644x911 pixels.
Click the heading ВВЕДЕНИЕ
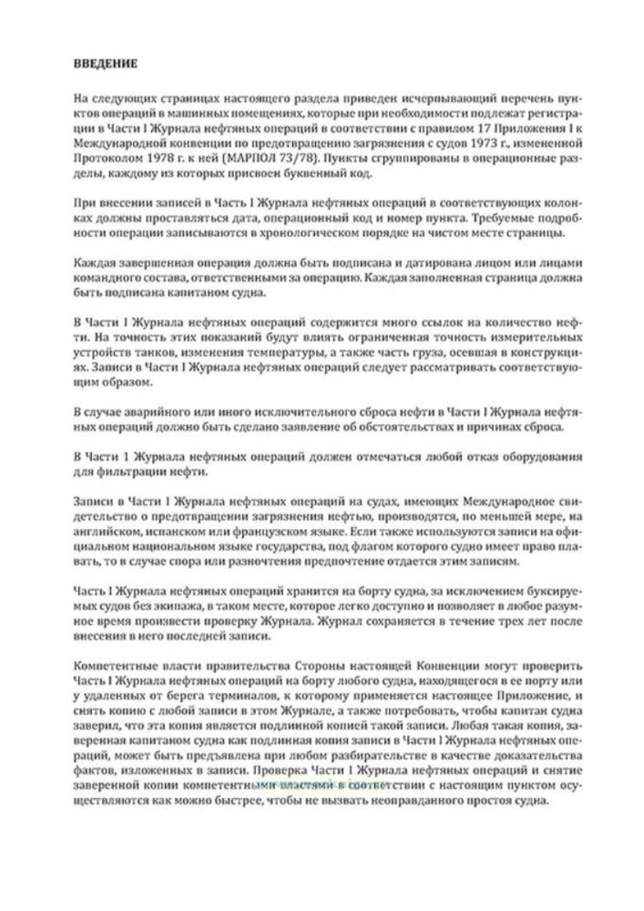click(x=106, y=63)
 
